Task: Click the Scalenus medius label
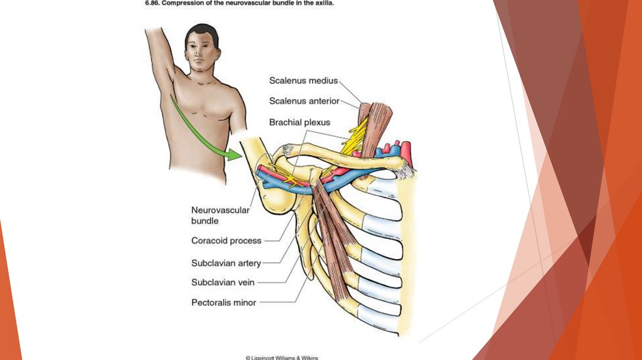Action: (303, 80)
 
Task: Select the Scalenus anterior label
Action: (304, 101)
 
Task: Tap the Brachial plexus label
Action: (299, 122)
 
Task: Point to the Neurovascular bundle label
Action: (219, 215)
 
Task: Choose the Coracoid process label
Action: (226, 240)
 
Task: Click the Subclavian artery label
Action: (226, 263)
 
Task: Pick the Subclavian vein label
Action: (223, 283)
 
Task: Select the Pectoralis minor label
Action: (224, 302)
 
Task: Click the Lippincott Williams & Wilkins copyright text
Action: (282, 357)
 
